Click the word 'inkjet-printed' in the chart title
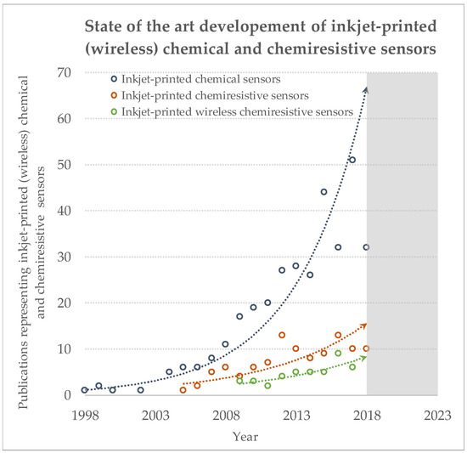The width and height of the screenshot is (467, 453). (x=384, y=26)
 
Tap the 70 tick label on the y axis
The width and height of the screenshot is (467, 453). (x=64, y=72)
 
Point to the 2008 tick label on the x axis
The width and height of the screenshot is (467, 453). (x=226, y=415)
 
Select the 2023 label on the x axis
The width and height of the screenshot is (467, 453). (x=437, y=415)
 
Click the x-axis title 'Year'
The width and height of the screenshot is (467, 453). (x=245, y=437)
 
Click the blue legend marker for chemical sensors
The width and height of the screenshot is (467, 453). (x=114, y=79)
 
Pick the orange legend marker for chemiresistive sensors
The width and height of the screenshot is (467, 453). (x=114, y=95)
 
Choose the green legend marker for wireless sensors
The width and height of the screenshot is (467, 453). (x=114, y=111)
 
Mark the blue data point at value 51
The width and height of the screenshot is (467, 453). (x=352, y=160)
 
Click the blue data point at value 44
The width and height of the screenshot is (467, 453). (x=324, y=192)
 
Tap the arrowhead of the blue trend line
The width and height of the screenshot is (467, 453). (x=367, y=90)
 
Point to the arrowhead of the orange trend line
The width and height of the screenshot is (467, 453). (x=364, y=326)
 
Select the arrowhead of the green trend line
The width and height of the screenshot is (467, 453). (x=363, y=358)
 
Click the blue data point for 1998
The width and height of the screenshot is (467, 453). (x=85, y=390)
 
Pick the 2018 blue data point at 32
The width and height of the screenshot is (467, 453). (x=366, y=247)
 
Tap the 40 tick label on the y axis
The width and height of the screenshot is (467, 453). (x=64, y=211)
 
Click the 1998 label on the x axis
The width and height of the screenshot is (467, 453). (x=85, y=415)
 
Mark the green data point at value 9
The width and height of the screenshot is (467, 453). (x=338, y=354)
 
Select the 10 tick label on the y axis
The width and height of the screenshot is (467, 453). (x=64, y=349)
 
